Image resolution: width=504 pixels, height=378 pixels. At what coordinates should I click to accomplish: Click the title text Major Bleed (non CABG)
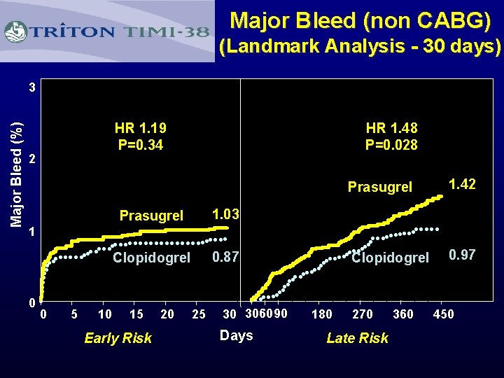point(360,21)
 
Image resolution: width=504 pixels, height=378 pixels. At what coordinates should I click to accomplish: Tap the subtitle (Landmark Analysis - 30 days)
point(360,48)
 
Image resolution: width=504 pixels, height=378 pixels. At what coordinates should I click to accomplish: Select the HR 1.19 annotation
point(141,129)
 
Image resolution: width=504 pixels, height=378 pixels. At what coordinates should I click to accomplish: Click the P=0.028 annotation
point(411,145)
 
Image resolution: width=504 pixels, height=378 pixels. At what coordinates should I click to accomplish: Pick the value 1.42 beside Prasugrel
point(462,185)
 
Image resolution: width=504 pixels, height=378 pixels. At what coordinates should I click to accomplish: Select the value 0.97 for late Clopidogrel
point(462,255)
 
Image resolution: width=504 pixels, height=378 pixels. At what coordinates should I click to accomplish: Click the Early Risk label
point(118,339)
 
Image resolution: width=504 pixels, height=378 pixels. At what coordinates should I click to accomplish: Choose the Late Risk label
point(357,339)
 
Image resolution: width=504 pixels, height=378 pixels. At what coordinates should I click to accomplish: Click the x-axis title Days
point(236,335)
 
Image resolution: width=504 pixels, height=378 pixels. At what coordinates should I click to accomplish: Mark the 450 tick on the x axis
point(443,314)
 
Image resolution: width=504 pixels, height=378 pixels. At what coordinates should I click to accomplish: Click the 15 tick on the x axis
point(136,314)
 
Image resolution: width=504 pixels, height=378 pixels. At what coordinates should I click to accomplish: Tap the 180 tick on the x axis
point(321,314)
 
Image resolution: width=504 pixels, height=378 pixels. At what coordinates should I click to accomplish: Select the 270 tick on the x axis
point(362,314)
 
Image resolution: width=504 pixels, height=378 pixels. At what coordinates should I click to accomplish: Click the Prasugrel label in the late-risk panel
point(380,188)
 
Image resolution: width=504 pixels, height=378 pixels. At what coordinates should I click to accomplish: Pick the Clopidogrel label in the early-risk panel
point(152,258)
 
